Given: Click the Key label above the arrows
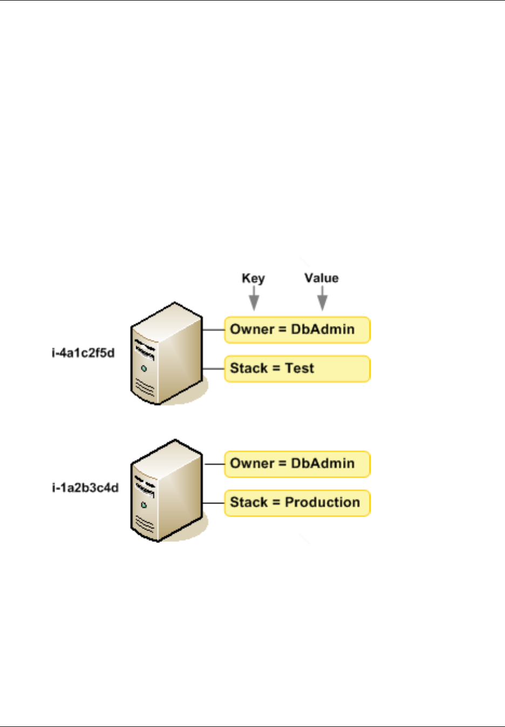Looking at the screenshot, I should coord(253,278).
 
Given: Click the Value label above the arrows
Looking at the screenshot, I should coord(322,278).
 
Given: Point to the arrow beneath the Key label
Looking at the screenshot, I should coord(254,298).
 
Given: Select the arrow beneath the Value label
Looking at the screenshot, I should coord(322,298).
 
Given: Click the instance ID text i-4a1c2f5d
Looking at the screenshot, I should coord(83,353).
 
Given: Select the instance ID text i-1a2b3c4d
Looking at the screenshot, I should coord(85,488).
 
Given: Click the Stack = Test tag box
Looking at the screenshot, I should coord(297,369).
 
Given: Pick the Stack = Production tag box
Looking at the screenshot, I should coord(297,502).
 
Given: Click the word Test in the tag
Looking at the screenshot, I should coord(299,368).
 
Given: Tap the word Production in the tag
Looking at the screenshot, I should coord(322,502).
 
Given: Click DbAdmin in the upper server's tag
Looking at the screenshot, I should coord(323,329).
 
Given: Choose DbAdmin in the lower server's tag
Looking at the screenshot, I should coord(323,464).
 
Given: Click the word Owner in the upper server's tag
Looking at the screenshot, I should coord(252,329).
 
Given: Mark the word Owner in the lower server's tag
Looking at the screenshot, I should coord(252,464).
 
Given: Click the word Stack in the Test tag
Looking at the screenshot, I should coord(249,368).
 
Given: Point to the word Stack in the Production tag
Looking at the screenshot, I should coord(249,502).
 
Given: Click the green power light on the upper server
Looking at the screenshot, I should coord(144,369).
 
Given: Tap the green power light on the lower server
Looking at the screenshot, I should coord(144,505).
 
